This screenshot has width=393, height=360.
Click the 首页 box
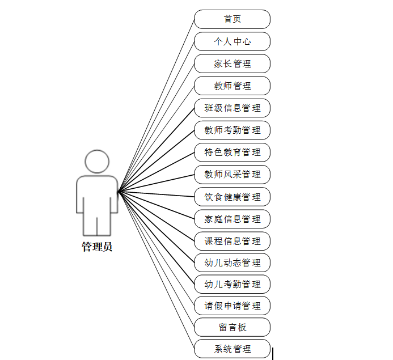(232, 19)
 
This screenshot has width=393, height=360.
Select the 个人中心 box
(232, 41)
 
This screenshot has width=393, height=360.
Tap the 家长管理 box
(232, 63)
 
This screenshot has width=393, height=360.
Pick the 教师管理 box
(232, 86)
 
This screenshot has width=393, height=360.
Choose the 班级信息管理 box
(232, 108)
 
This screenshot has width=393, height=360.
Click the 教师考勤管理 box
(232, 130)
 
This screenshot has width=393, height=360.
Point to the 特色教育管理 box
(232, 152)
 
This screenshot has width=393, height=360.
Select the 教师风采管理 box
(232, 174)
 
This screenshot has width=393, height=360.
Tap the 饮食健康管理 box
(232, 197)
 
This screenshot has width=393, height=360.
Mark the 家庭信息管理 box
(232, 219)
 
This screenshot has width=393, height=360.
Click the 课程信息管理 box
(232, 241)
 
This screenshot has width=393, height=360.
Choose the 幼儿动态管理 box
(232, 262)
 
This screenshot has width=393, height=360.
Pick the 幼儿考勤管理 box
(232, 284)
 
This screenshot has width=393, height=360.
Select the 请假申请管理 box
(232, 306)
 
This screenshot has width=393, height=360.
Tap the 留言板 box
(232, 327)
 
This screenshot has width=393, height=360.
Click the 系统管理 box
(232, 349)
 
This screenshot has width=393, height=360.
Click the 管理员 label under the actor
(97, 247)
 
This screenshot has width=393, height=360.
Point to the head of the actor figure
(97, 161)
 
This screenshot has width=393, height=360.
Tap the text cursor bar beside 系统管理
(273, 353)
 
